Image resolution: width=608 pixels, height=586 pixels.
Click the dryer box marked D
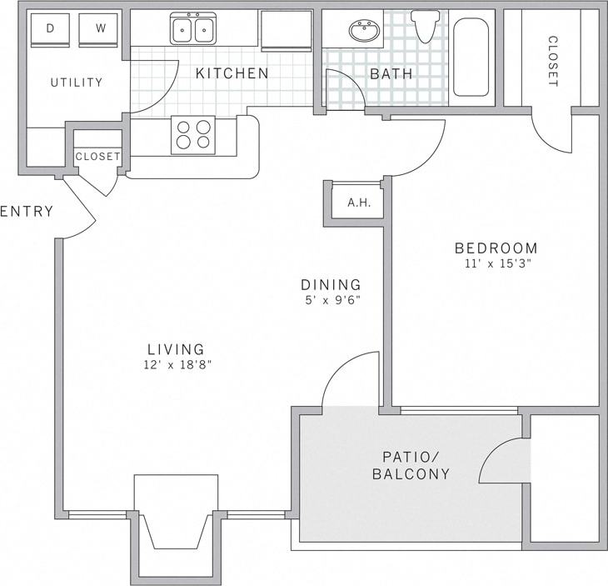[x=51, y=29]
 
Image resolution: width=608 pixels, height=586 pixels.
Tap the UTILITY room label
[x=76, y=83]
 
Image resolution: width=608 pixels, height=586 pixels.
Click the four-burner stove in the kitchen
[x=192, y=134]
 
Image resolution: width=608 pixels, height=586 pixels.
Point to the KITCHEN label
[x=232, y=73]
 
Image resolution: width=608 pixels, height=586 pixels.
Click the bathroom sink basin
[x=363, y=33]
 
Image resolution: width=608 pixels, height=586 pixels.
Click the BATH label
[x=391, y=74]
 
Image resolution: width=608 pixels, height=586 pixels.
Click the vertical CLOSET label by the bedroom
[x=552, y=61]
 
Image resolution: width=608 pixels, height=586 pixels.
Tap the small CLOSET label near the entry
[x=97, y=157]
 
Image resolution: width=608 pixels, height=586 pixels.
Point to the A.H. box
[x=358, y=203]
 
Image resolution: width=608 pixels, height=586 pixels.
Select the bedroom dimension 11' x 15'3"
[x=497, y=263]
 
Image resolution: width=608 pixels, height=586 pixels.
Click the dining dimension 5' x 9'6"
[x=331, y=299]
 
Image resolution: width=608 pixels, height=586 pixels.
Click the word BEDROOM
[x=496, y=248]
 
